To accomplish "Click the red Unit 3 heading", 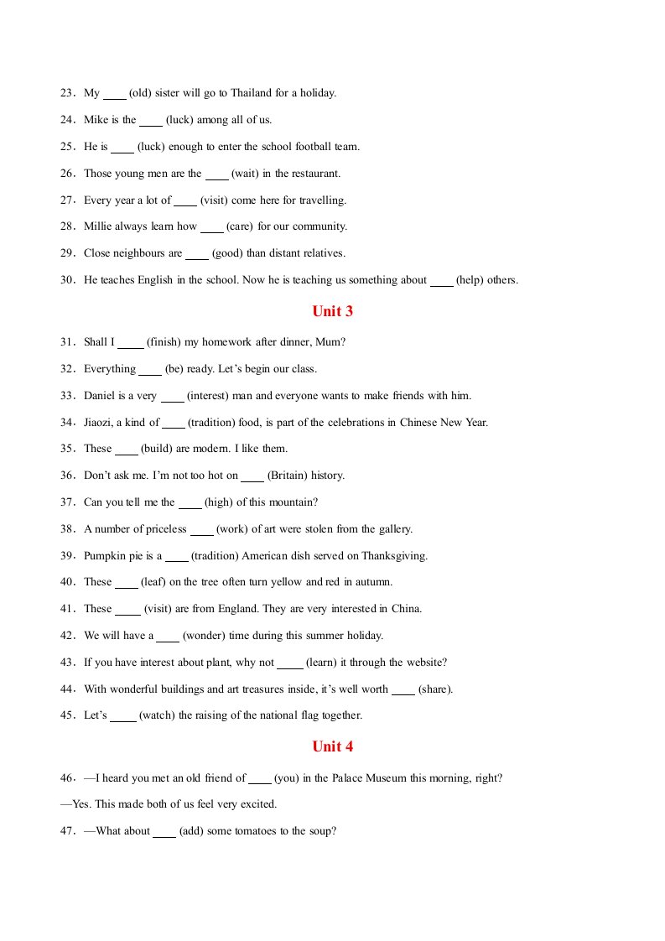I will pos(332,311).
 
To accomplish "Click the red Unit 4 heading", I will pos(332,746).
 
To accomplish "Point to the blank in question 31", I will pos(131,342).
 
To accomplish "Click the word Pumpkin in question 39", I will pos(105,556).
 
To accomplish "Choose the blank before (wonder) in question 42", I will pos(168,636).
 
